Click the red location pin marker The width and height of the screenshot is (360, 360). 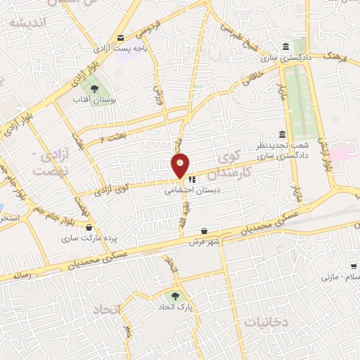click(180, 167)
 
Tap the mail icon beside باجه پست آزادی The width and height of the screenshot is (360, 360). click(121, 38)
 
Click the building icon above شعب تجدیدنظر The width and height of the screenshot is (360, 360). click(282, 134)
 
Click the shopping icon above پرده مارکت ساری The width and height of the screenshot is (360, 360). click(89, 227)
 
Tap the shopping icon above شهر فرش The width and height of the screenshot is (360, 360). click(204, 231)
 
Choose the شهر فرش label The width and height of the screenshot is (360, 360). click(204, 242)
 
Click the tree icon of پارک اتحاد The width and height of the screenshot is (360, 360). click(175, 296)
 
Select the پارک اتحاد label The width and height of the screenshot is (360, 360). click(186, 308)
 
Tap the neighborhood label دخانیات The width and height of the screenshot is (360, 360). click(266, 321)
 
